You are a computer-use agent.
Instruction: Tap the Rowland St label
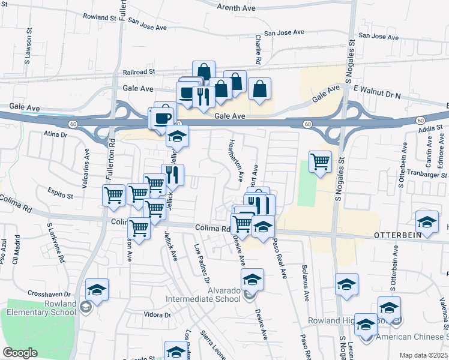pyautogui.click(x=100, y=17)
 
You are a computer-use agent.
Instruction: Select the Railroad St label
pyautogui.click(x=139, y=71)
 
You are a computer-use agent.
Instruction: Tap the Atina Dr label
pyautogui.click(x=55, y=135)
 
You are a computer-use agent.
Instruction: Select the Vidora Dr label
pyautogui.click(x=158, y=314)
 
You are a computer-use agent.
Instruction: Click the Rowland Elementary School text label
pyautogui.click(x=42, y=308)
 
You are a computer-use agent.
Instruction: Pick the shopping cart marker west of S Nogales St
pyautogui.click(x=320, y=161)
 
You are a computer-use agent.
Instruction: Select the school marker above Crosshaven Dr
pyautogui.click(x=97, y=289)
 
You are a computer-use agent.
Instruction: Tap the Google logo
pyautogui.click(x=20, y=353)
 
